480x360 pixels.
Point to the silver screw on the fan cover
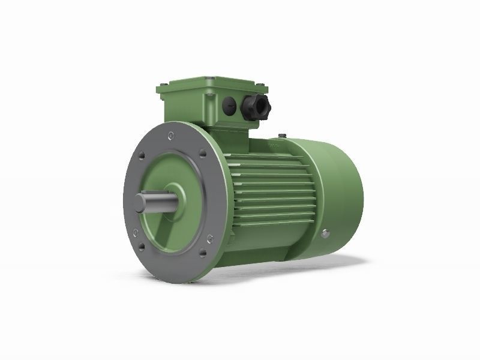click(x=328, y=232)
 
